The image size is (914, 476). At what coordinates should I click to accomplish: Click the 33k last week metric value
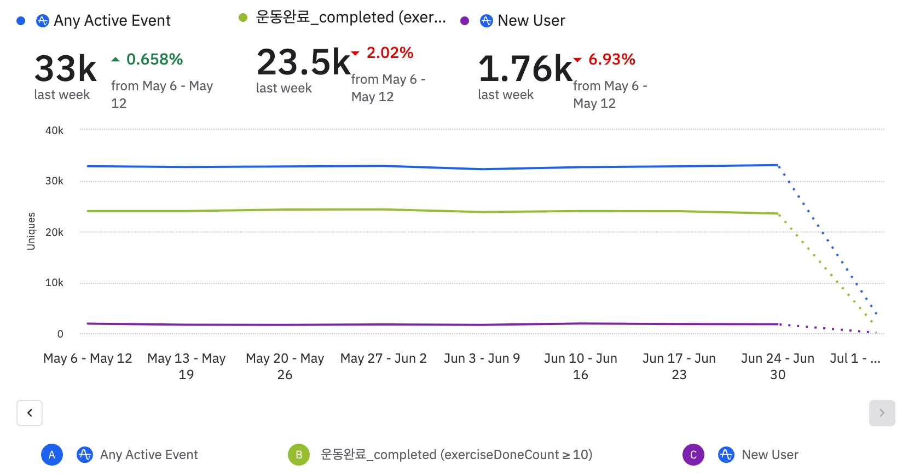point(66,69)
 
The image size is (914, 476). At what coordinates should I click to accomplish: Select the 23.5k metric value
point(303,62)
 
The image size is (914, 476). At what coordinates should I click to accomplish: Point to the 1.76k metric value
point(525,69)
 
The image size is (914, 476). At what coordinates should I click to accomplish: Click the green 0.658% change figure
point(154,59)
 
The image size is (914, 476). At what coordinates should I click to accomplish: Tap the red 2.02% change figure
point(390,53)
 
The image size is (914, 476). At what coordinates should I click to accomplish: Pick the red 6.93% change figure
point(611,59)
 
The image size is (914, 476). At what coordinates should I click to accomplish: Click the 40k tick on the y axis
point(54,130)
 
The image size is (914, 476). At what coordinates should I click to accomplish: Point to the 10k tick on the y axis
point(54,282)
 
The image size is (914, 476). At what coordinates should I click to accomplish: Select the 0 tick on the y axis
point(60,334)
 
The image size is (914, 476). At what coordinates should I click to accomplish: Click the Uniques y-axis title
point(31,231)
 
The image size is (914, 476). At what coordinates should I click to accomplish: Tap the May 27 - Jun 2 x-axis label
point(383,358)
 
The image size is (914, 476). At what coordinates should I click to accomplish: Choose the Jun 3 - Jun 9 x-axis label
point(482,358)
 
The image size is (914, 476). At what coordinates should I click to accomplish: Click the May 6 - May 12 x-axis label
point(88,358)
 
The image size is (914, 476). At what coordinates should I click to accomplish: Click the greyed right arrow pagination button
point(882,413)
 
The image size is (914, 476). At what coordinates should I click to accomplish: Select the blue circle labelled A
point(52,455)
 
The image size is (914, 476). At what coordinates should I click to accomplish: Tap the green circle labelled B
point(299,455)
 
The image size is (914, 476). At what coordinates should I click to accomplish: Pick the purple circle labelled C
point(693,455)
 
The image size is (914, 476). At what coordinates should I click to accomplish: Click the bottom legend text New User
point(770,455)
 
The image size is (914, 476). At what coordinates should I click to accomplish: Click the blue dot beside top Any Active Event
point(21,21)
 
